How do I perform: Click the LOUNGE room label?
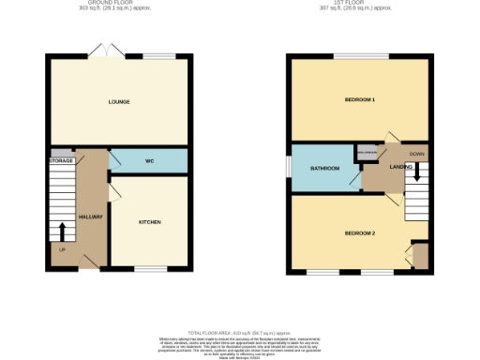(118, 102)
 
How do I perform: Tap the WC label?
(148, 161)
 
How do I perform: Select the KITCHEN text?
(150, 222)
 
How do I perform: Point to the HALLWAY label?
(90, 217)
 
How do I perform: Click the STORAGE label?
(61, 161)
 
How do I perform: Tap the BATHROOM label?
(324, 169)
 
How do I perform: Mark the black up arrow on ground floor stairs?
(64, 232)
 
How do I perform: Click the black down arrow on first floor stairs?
(417, 172)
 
